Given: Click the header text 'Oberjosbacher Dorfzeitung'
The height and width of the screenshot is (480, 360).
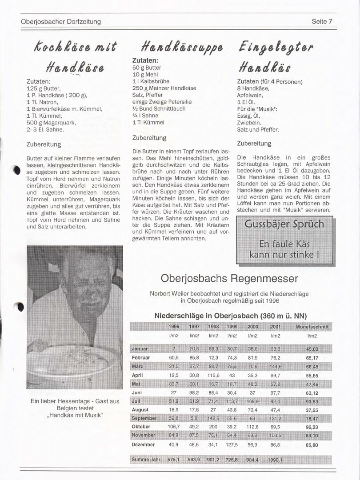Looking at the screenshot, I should (x=61, y=21).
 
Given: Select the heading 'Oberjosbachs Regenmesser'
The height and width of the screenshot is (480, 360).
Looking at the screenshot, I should (x=229, y=279).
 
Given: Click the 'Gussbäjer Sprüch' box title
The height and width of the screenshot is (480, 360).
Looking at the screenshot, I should (x=284, y=224).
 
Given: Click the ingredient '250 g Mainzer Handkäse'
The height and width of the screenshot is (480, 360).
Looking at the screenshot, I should (x=164, y=88).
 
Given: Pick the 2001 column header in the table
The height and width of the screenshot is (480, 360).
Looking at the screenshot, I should (x=275, y=327).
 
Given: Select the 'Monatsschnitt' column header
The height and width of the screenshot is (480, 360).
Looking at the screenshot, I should (x=312, y=327).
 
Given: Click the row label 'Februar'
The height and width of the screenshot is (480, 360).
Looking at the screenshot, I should (x=141, y=358).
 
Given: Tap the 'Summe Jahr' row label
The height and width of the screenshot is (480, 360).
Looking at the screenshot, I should (x=146, y=459).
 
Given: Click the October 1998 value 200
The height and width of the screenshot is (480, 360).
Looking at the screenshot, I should (x=213, y=427).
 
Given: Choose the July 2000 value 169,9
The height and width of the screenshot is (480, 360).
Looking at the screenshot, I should (x=252, y=401).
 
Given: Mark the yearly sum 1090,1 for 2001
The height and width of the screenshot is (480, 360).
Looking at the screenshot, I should (x=275, y=460).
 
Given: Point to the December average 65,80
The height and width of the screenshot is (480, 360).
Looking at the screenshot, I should (x=312, y=444).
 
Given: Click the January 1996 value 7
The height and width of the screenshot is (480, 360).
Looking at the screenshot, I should (x=174, y=349).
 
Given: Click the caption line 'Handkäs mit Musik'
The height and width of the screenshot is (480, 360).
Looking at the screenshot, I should (x=75, y=416).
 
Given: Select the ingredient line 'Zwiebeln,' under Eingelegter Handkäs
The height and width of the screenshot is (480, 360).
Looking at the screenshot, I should (x=249, y=123).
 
